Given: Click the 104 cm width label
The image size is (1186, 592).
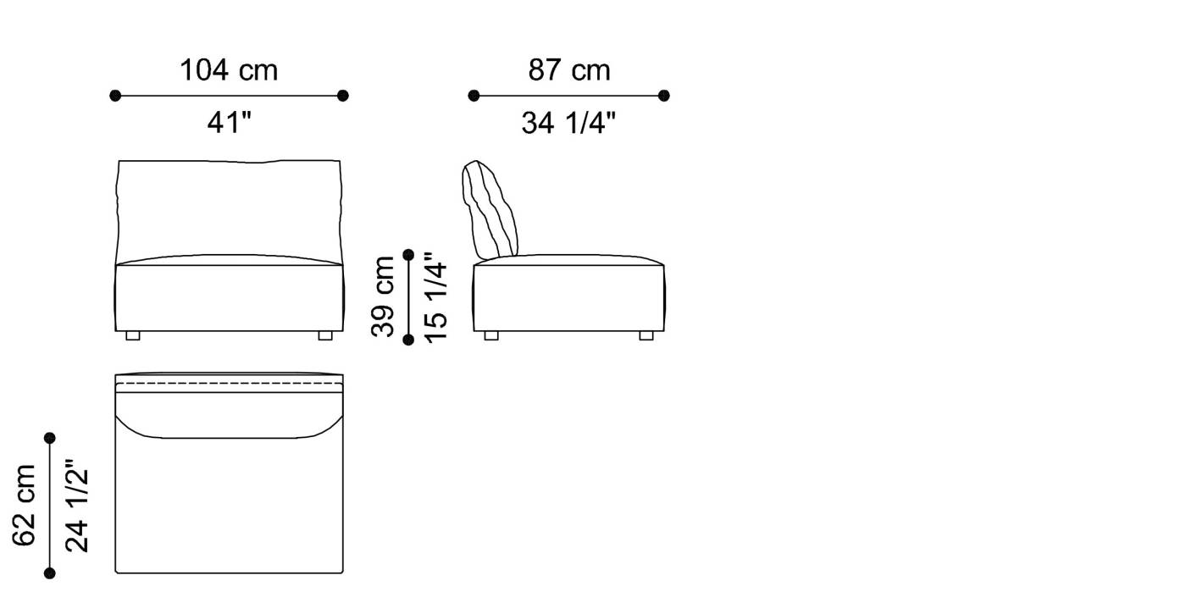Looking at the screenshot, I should click(x=229, y=70).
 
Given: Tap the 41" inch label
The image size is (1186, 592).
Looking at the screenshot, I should click(x=230, y=124).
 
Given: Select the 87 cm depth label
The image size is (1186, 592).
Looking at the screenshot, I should click(x=569, y=70).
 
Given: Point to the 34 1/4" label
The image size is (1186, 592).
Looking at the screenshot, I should click(x=568, y=124).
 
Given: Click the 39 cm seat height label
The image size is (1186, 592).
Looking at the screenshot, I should click(x=384, y=296).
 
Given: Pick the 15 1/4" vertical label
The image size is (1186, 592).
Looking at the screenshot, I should click(x=435, y=296).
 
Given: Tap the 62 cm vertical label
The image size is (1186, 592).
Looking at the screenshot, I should click(x=25, y=506).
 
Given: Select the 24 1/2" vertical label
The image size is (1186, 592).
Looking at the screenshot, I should click(x=77, y=506).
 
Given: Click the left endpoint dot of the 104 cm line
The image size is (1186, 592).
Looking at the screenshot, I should click(x=115, y=96).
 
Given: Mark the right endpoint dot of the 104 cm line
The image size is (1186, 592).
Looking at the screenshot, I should click(x=343, y=96).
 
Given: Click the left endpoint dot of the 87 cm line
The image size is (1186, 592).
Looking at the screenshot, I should click(x=474, y=96).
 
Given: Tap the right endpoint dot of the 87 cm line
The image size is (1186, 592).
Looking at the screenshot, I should click(x=664, y=96).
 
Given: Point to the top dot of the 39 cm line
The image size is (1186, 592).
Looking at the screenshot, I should click(x=408, y=254).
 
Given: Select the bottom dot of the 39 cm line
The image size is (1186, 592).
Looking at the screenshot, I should click(x=408, y=340).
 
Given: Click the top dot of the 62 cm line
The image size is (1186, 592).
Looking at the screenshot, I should click(x=50, y=438).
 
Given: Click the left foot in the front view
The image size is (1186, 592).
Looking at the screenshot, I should click(x=133, y=335).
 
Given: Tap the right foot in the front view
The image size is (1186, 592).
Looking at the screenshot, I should click(x=325, y=335).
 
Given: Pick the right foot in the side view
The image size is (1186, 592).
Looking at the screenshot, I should click(x=646, y=335).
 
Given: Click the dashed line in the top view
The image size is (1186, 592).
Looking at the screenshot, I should click(x=229, y=385).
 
